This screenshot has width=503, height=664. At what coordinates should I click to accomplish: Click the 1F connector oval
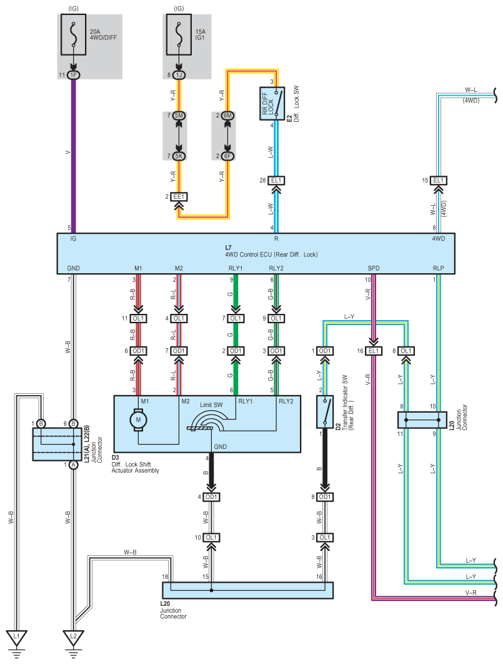point(74,75)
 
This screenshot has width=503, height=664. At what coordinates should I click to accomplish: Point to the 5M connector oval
point(179,116)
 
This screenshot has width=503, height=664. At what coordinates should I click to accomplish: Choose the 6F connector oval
point(227,156)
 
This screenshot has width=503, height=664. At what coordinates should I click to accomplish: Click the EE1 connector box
point(179,196)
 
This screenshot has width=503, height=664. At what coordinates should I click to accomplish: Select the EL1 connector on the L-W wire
point(276,181)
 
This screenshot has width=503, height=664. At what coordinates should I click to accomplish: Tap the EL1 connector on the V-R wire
point(374,351)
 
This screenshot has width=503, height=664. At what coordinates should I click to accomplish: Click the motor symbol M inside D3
point(138,420)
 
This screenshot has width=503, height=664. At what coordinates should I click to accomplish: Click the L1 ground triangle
point(17,638)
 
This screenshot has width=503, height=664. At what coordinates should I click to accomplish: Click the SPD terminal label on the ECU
point(373,268)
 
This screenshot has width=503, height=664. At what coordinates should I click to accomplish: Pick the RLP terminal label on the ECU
point(438,268)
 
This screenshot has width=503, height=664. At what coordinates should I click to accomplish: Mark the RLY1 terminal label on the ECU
point(236,268)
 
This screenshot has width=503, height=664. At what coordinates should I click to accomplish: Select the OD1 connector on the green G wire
point(236,351)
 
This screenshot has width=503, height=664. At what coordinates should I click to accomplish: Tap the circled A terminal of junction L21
point(74,465)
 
